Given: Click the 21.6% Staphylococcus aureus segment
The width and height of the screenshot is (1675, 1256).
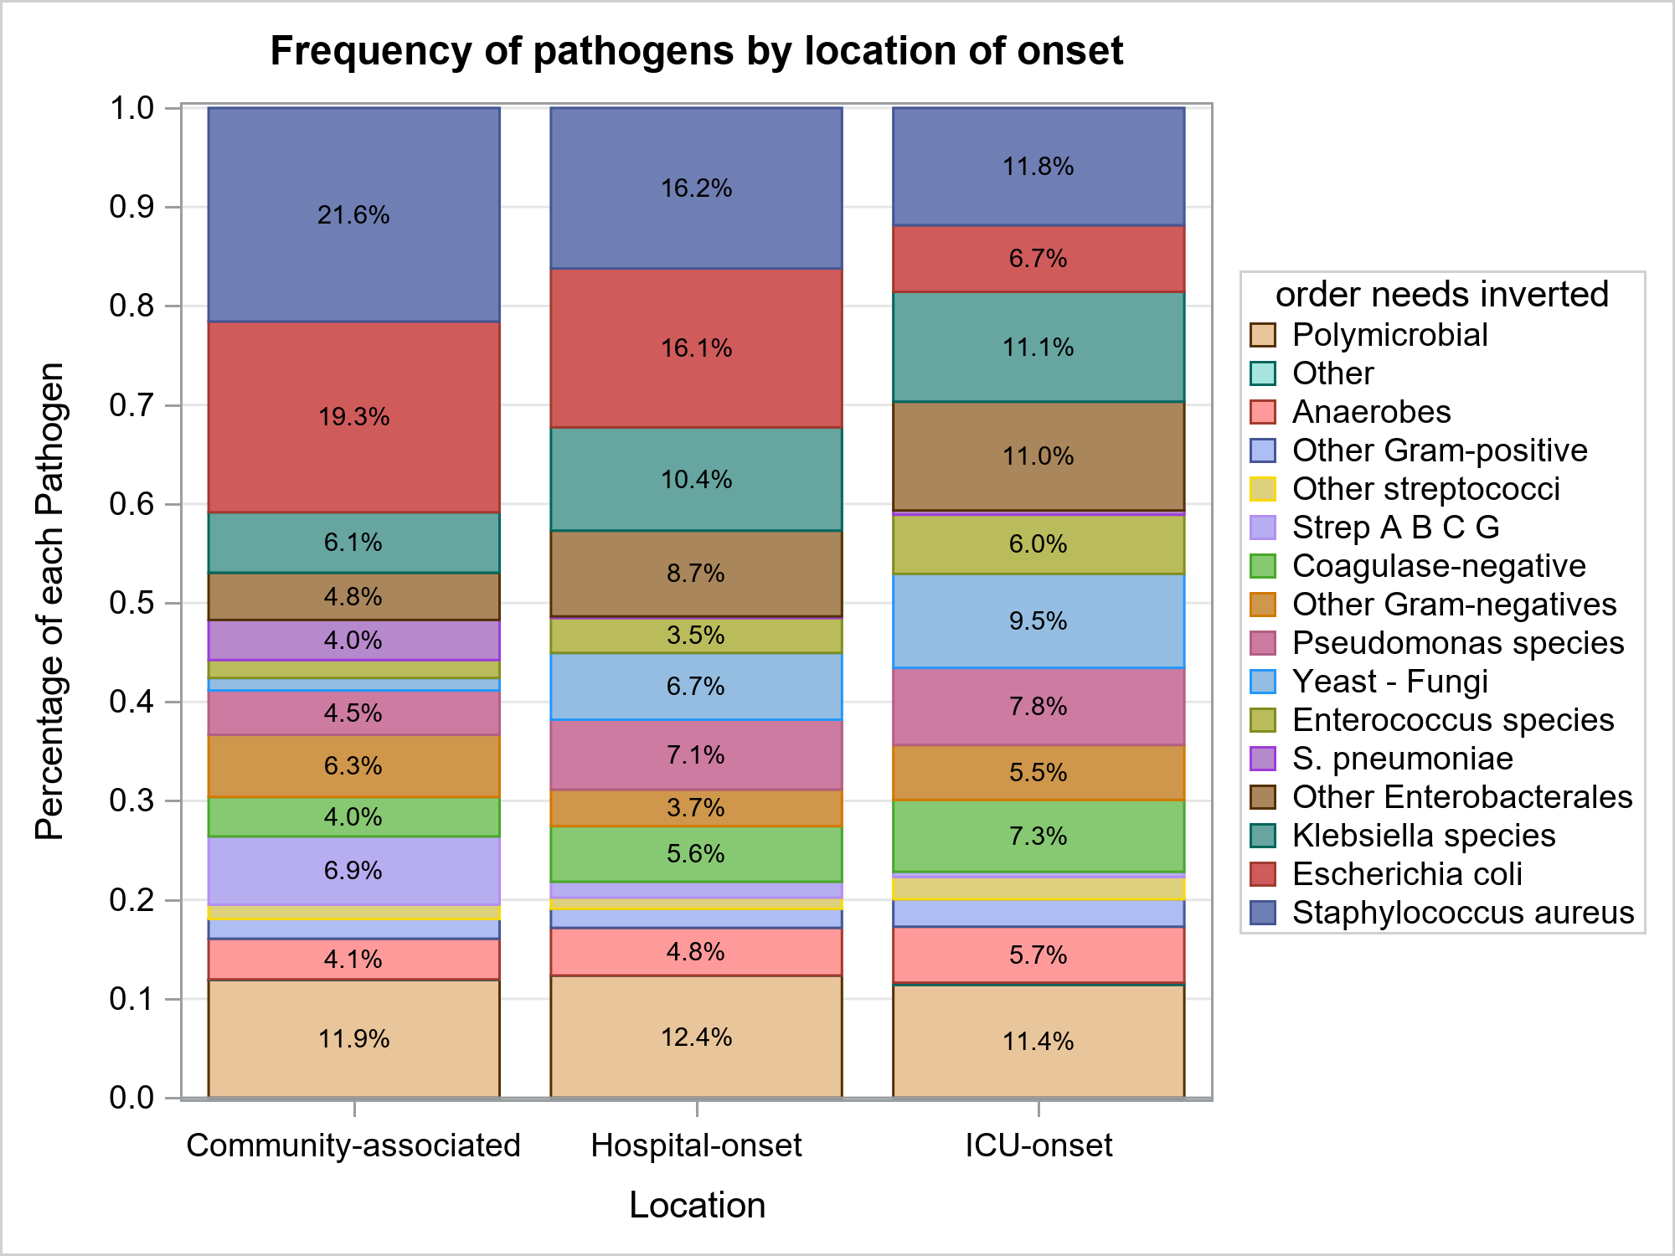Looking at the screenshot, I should pos(353,214).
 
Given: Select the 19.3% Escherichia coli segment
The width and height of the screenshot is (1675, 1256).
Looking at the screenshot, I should pos(353,416).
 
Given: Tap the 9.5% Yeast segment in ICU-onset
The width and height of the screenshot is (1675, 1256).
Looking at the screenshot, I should pos(1038,620).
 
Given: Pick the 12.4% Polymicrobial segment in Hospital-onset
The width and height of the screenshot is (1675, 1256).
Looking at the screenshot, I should pos(696,1037).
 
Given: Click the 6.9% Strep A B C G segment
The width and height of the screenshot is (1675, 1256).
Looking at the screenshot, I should pos(353,870).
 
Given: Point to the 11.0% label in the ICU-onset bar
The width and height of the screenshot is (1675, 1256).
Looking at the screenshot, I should pos(1038,456).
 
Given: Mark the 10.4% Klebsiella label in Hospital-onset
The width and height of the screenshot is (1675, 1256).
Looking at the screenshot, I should pos(696,479).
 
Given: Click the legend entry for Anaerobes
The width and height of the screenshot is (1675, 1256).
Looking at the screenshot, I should pos(1371,412).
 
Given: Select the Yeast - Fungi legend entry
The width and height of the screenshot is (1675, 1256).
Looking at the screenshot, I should pos(1389,682).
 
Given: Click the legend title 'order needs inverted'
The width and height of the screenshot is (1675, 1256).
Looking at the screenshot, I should pos(1441,295).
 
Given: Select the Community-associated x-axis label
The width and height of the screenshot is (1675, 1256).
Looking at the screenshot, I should pos(353,1145).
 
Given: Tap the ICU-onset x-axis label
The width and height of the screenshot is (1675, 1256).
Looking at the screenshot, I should pos(1038,1145).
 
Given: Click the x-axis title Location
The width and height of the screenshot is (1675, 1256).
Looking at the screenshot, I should pos(697,1205).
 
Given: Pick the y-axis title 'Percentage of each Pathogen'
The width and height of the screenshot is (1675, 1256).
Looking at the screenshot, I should pos(49,601).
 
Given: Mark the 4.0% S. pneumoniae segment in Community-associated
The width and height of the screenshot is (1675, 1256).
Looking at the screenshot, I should pos(353,641).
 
